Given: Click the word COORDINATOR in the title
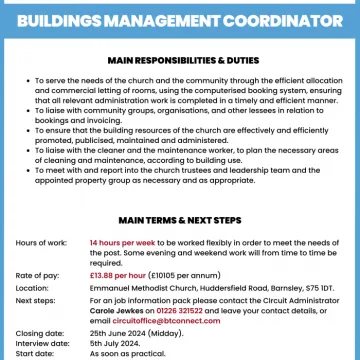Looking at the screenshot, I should click(x=281, y=18).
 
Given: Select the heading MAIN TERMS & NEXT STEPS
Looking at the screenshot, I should click(x=180, y=218).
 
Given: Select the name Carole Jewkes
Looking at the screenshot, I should click(x=113, y=306).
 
